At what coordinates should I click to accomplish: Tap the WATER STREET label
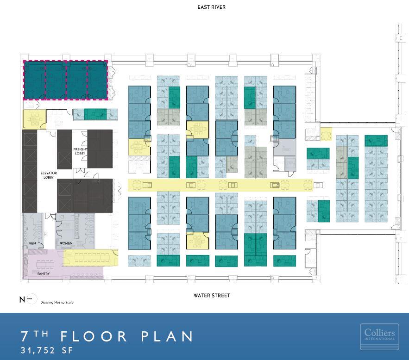coord(212,295)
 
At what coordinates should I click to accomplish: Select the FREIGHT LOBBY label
coord(80,151)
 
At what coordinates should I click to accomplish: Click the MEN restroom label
coord(32,243)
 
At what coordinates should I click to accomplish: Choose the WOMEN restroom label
coord(66,243)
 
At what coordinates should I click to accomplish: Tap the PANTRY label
coord(44,274)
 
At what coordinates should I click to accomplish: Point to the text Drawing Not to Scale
coord(57,302)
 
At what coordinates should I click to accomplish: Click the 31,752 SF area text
coord(47,350)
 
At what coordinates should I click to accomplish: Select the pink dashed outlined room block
coord(66,80)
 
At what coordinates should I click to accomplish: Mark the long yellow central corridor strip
coord(220,185)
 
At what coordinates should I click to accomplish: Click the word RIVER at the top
coord(218,7)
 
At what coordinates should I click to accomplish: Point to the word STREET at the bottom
coord(220,295)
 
